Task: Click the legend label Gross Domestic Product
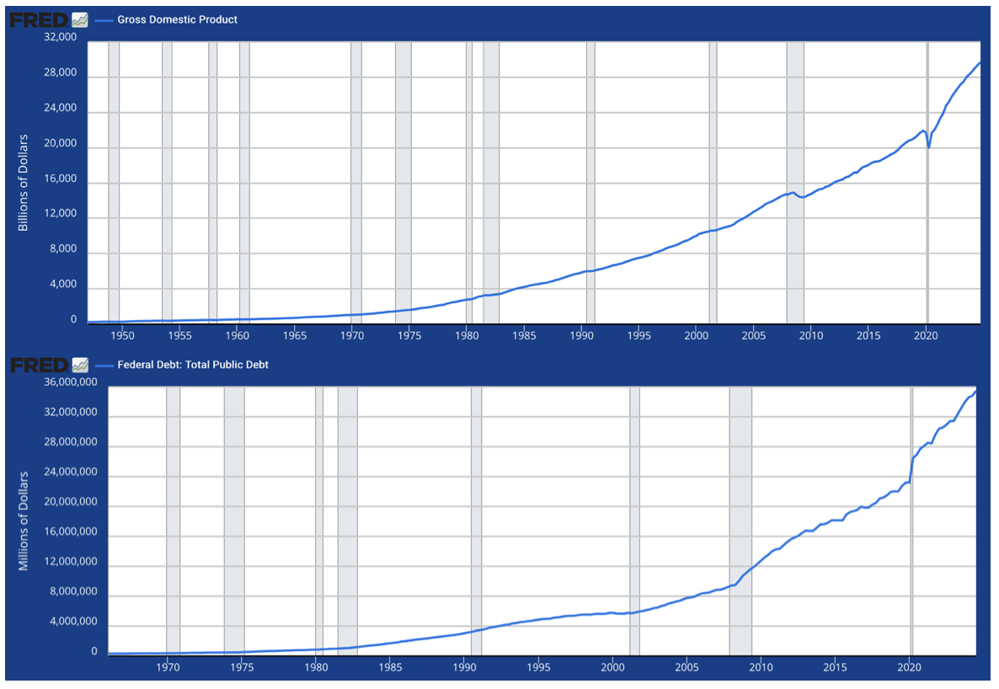coord(177,19)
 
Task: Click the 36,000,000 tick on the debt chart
coord(64,382)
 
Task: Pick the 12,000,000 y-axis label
coord(64,562)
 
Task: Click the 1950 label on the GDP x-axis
coord(123,335)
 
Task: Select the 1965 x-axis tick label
coord(295,335)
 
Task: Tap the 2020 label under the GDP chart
coord(926,335)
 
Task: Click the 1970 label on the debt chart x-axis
coord(168,667)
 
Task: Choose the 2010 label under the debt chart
coord(761,667)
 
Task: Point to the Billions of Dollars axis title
coord(24,182)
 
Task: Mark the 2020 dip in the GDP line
coord(928,147)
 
